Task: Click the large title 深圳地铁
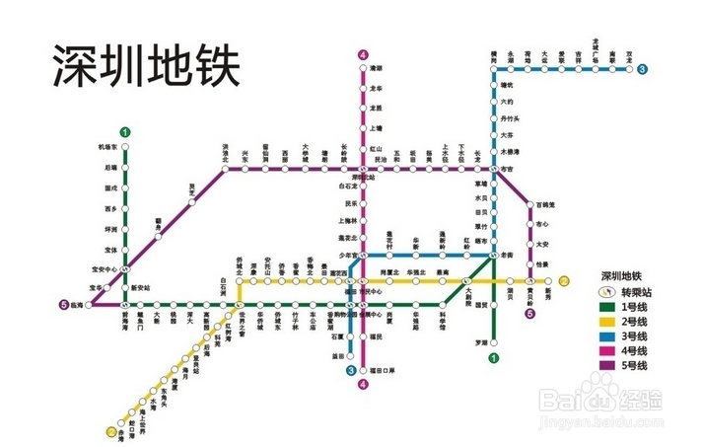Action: tap(146, 66)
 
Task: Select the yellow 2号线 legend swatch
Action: tap(609, 322)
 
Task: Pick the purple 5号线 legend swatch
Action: tap(609, 365)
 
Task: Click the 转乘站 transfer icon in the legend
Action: tap(609, 291)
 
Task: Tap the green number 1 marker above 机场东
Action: tap(125, 132)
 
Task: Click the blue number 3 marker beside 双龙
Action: tap(642, 68)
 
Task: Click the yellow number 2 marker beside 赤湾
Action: tap(109, 431)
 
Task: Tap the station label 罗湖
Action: tap(480, 342)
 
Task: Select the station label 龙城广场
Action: tap(597, 46)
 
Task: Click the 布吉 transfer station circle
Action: tap(494, 170)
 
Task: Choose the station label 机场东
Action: tap(107, 147)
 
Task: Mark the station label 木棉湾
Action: tap(510, 151)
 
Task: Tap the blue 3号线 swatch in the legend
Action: tap(609, 336)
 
